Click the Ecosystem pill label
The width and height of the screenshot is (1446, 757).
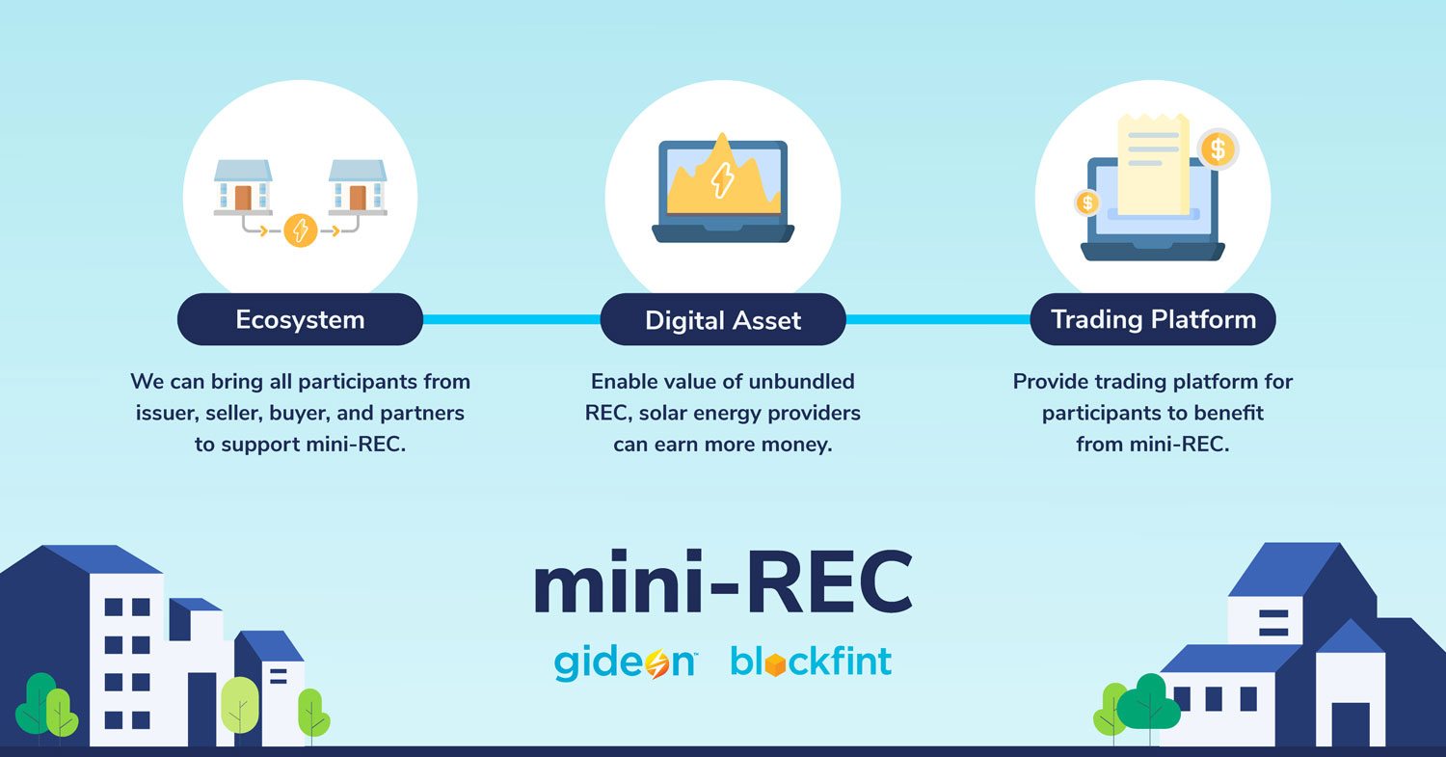click(x=300, y=320)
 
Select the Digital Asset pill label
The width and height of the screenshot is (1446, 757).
click(x=723, y=320)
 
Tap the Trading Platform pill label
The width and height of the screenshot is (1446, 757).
click(x=1153, y=319)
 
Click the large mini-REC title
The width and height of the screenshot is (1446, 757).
click(x=722, y=584)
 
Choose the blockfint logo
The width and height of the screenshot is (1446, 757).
click(x=811, y=662)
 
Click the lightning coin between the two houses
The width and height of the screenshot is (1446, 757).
click(x=301, y=230)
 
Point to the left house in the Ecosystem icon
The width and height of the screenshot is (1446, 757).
click(x=243, y=187)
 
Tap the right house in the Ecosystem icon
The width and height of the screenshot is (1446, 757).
click(x=358, y=187)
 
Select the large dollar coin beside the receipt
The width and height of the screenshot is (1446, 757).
click(x=1218, y=149)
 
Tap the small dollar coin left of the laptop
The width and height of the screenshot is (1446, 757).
click(x=1087, y=203)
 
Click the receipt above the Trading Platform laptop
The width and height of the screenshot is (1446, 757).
click(x=1153, y=164)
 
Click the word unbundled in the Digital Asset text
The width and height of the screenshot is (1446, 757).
click(x=809, y=381)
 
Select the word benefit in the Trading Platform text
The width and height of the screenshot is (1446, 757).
click(x=1229, y=413)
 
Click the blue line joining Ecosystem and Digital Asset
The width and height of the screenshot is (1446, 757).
click(x=511, y=319)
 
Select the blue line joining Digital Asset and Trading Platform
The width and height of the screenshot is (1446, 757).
click(x=937, y=319)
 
